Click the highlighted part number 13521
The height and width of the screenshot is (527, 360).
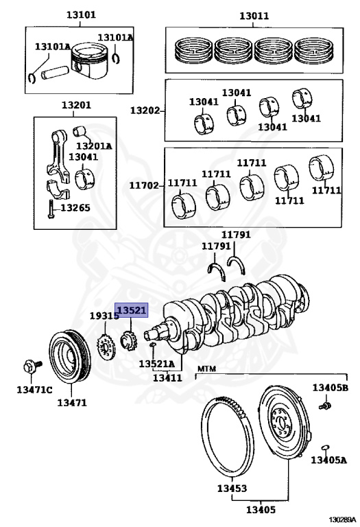(x=131, y=310)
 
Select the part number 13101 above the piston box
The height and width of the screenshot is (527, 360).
(x=81, y=15)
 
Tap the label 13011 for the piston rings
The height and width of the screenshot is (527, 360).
(x=254, y=16)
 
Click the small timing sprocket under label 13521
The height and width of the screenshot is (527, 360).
(x=128, y=341)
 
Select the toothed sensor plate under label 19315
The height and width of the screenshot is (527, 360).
(x=106, y=348)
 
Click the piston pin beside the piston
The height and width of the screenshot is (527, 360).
(x=55, y=72)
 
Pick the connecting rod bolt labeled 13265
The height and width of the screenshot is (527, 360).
(x=51, y=209)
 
